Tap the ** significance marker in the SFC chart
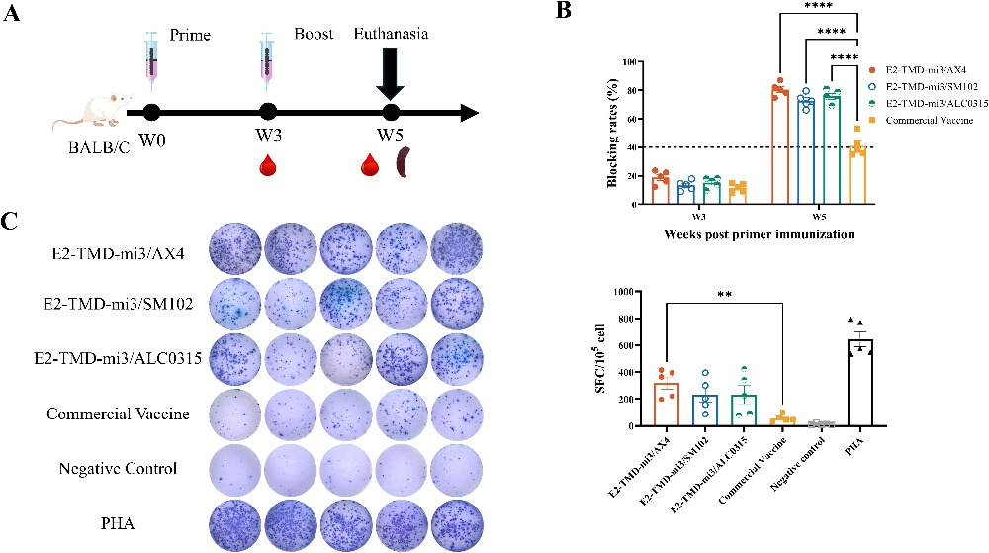tap(763, 294)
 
